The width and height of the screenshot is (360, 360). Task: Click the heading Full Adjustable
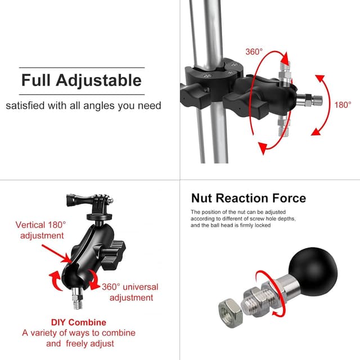81,80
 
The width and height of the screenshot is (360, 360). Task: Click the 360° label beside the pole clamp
254,52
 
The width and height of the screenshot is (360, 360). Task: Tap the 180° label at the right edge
342,105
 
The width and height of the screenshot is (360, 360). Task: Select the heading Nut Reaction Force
248,198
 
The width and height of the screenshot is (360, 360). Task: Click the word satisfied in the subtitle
27,106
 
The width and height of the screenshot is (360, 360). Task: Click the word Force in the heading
287,198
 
